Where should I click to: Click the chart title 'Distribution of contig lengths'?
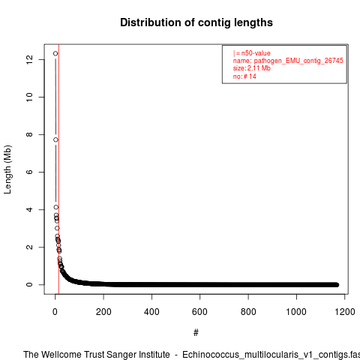point(196,22)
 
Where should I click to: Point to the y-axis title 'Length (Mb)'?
point(7,169)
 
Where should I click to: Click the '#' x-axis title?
point(196,333)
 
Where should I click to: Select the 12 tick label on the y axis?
point(29,59)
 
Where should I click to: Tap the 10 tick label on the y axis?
point(29,97)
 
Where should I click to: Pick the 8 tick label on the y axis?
point(29,134)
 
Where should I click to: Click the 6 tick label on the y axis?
point(29,172)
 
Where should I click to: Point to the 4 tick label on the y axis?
point(29,209)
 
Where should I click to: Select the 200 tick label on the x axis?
point(103,312)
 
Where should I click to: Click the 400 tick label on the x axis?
point(151,312)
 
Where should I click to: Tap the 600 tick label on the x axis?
point(199,312)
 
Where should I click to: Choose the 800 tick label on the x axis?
point(248,312)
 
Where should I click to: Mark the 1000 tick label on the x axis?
point(296,312)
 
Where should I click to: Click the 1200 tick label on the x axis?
point(345,312)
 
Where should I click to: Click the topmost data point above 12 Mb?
point(55,53)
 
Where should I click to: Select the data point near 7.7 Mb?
point(55,139)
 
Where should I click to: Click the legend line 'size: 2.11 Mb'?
point(252,68)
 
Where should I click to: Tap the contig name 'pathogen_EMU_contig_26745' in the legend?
point(298,61)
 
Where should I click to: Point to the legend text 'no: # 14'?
point(244,76)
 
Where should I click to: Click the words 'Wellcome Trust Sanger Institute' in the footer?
point(106,355)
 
